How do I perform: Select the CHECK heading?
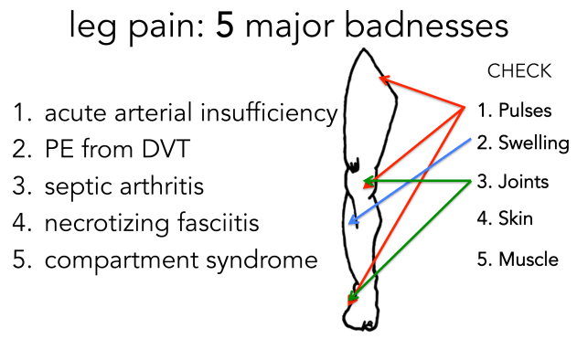[x=519, y=71]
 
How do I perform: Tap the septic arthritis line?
[x=124, y=187]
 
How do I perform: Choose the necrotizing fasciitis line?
[x=152, y=224]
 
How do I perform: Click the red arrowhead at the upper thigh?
[x=383, y=79]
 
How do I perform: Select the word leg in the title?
[x=91, y=27]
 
